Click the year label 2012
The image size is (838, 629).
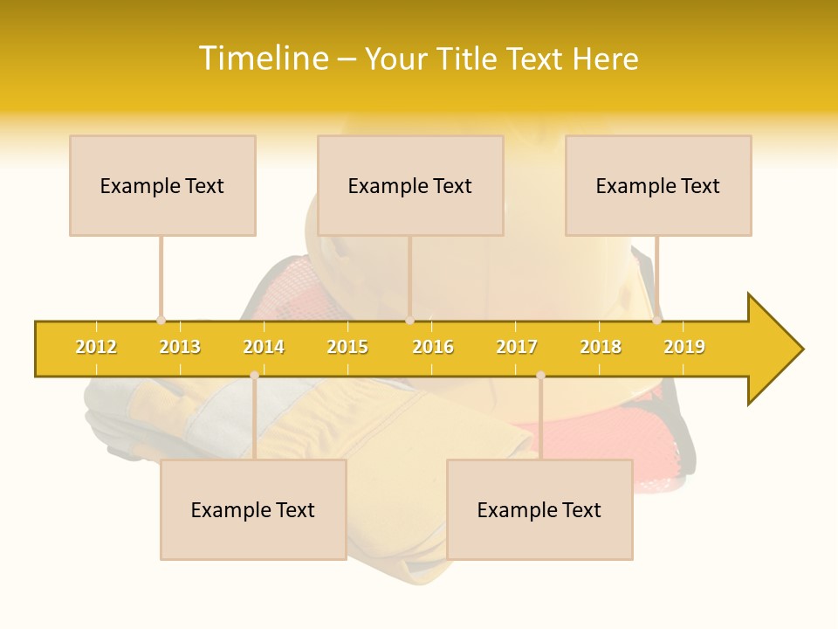click(x=96, y=347)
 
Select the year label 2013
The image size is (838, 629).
click(x=180, y=347)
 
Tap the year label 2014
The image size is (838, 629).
click(x=264, y=347)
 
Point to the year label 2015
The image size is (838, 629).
click(x=347, y=347)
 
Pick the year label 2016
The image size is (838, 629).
click(x=433, y=347)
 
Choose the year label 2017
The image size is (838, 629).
click(x=517, y=347)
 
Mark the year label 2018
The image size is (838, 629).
click(x=601, y=347)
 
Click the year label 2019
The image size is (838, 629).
click(x=684, y=347)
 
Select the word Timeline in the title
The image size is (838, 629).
click(x=264, y=59)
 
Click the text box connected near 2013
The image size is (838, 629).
click(x=162, y=185)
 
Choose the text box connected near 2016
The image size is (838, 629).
click(x=410, y=185)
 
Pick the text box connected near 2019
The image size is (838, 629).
click(x=658, y=185)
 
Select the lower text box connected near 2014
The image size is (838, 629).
click(x=253, y=509)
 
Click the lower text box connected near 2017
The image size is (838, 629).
click(x=539, y=509)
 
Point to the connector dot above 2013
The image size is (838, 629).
click(x=161, y=321)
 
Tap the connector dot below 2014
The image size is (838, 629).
click(x=254, y=376)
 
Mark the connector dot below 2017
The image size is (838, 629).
click(x=540, y=376)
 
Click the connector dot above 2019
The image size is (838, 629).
click(x=657, y=321)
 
